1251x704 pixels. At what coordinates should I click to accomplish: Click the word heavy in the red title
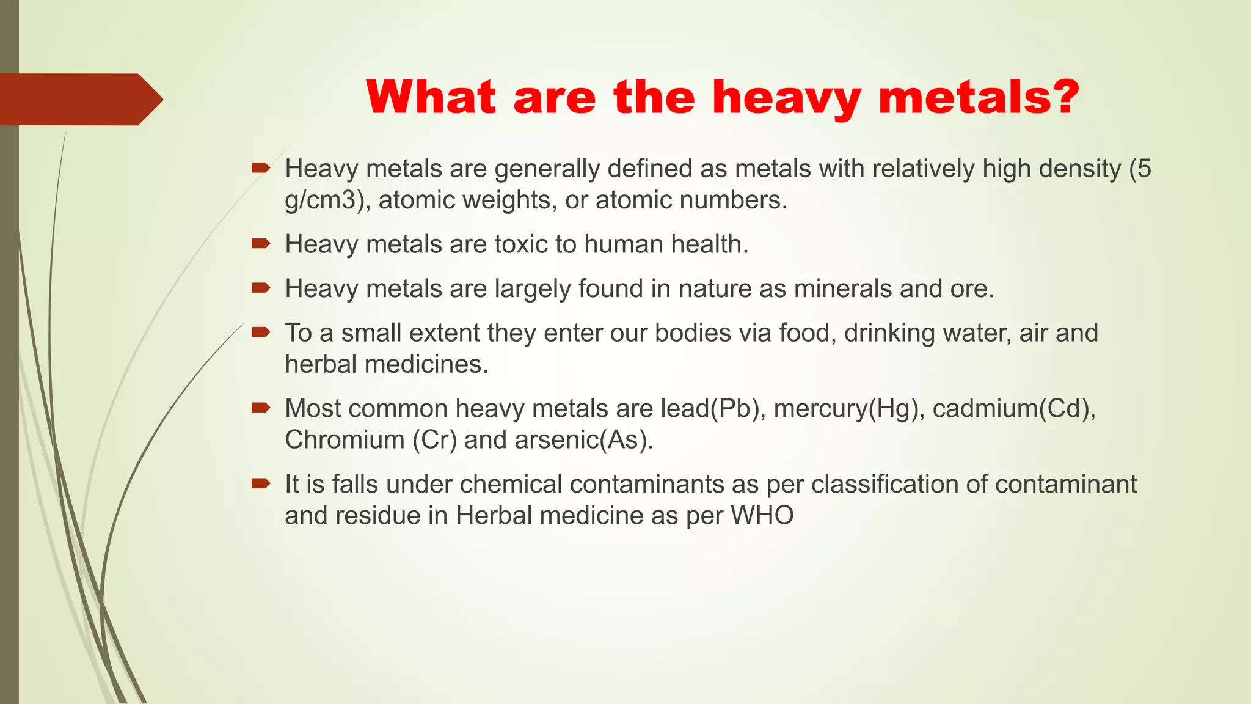[x=786, y=98]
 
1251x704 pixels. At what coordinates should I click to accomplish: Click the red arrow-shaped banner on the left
[x=79, y=99]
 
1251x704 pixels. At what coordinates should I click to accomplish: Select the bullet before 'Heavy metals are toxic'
[x=261, y=244]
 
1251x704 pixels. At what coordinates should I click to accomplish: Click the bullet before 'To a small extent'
[x=261, y=332]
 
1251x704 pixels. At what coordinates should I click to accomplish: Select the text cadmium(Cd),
[x=1014, y=409]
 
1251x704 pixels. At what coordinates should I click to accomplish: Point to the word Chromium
[x=345, y=440]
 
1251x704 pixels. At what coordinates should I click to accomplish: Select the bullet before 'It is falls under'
[x=261, y=484]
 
